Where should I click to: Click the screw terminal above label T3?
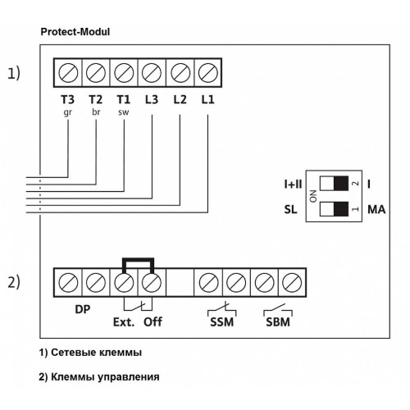68,73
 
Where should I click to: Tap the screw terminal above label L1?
207,73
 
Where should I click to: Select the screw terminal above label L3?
152,73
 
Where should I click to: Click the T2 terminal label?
96,100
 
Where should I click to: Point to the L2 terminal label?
180,100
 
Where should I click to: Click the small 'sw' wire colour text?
124,112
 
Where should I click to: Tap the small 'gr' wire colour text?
67,112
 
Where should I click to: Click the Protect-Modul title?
75,32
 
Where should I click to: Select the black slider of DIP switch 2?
341,183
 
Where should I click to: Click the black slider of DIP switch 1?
341,209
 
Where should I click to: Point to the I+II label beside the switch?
293,184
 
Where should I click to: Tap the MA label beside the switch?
376,210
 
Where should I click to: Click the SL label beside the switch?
290,210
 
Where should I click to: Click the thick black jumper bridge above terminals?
138,259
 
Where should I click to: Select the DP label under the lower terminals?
83,309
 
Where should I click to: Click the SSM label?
221,322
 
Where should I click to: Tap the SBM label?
278,322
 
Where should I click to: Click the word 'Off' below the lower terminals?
153,322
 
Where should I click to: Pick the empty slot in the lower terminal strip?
180,282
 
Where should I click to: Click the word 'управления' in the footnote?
129,377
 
